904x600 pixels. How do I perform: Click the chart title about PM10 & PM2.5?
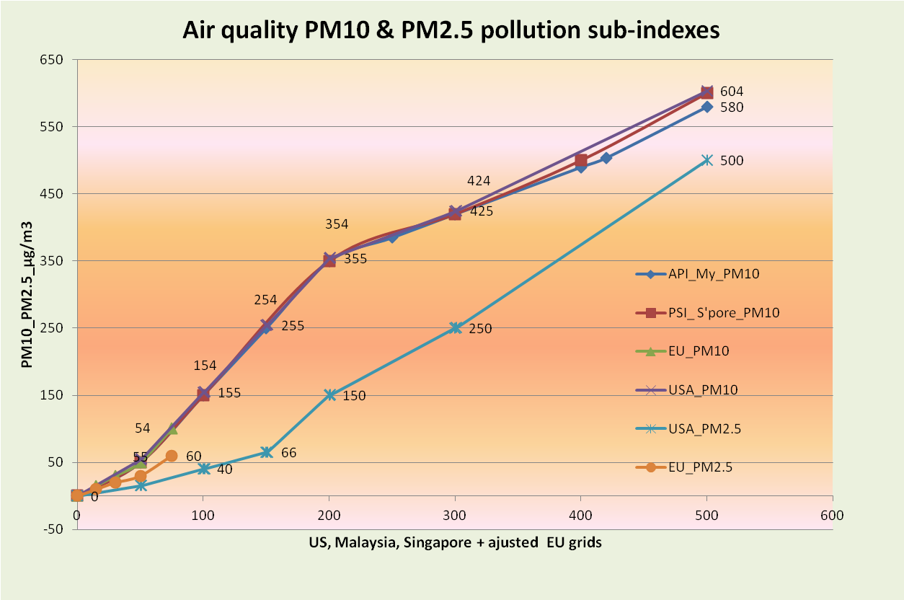(451, 30)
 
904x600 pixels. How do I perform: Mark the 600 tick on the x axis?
(832, 516)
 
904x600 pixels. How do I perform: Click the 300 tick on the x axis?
(455, 516)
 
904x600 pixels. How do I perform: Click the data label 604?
(732, 92)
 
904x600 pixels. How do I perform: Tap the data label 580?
(732, 107)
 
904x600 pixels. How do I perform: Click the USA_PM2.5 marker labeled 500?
(706, 160)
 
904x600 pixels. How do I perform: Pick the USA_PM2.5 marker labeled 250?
(455, 327)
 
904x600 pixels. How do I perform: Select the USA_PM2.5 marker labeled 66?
(266, 452)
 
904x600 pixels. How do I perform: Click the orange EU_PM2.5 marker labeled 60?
(171, 456)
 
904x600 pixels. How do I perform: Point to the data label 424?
(479, 181)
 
